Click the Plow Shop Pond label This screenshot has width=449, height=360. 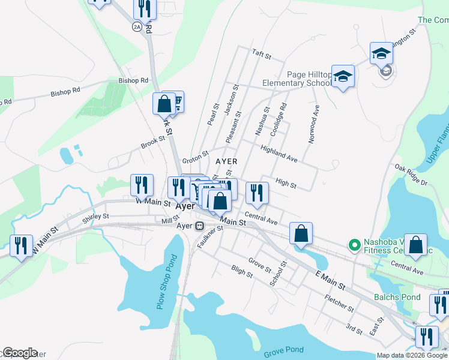169,282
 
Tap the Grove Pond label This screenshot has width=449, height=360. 283,350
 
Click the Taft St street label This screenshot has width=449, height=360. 262,55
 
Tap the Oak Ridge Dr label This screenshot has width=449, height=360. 411,175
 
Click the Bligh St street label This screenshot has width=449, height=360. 241,272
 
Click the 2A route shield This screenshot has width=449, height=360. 137,27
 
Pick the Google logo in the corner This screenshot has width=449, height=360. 20,353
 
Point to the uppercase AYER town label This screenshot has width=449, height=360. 226,161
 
